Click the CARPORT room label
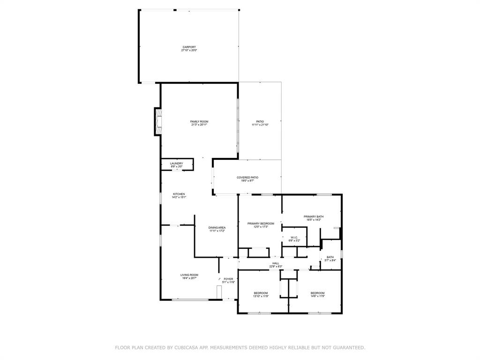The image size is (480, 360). coord(189,49)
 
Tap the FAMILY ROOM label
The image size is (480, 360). coord(199,123)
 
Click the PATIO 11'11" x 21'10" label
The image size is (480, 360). coord(260,123)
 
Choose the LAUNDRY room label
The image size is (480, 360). coord(176,165)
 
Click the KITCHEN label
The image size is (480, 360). coord(179,195)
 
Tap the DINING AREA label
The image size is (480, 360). coord(217,229)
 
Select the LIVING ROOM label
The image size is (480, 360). coord(189,276)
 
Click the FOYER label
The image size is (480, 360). coord(228,280)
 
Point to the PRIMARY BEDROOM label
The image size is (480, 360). coord(261,225)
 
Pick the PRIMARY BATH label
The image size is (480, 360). coord(314,217)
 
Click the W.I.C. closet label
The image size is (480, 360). coord(294,239)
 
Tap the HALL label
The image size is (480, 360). coord(276,264)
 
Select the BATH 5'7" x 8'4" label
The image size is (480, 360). coord(330,258)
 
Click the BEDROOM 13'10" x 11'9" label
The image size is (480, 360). coord(261,294)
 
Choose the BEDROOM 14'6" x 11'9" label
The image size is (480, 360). coord(317,294)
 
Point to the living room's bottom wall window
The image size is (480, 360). coord(189,300)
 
